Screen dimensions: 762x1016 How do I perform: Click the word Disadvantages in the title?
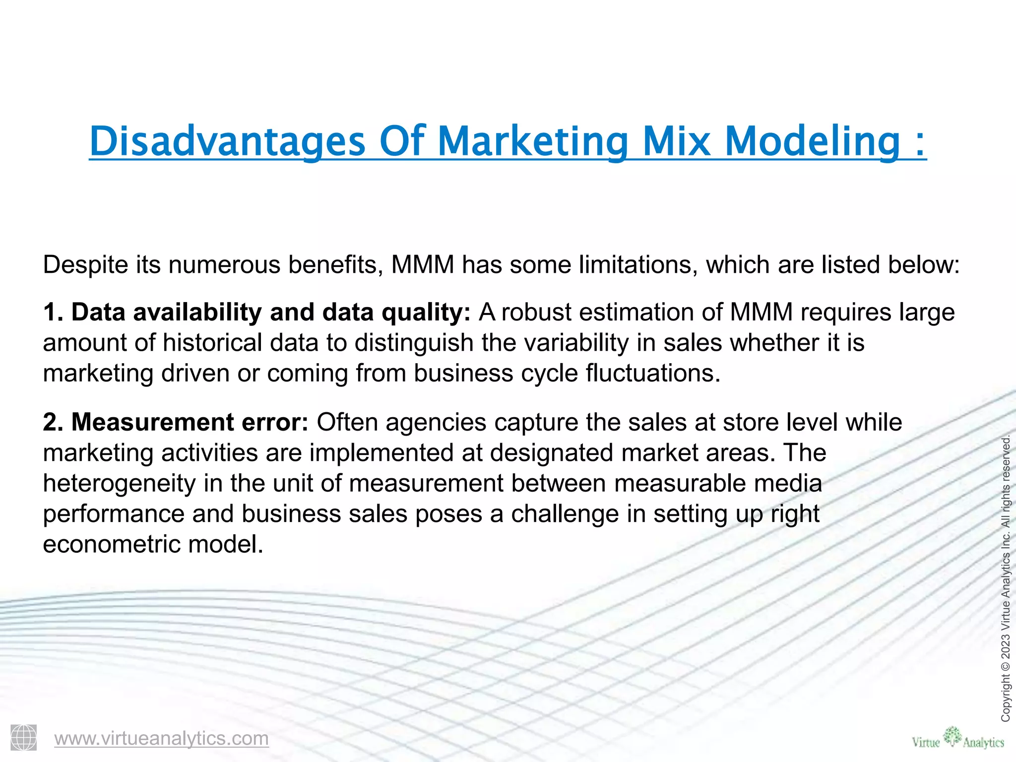click(227, 142)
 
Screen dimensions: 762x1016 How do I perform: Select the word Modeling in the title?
click(812, 142)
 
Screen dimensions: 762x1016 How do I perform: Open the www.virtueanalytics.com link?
click(161, 738)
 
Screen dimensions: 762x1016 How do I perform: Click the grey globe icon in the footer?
click(24, 738)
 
